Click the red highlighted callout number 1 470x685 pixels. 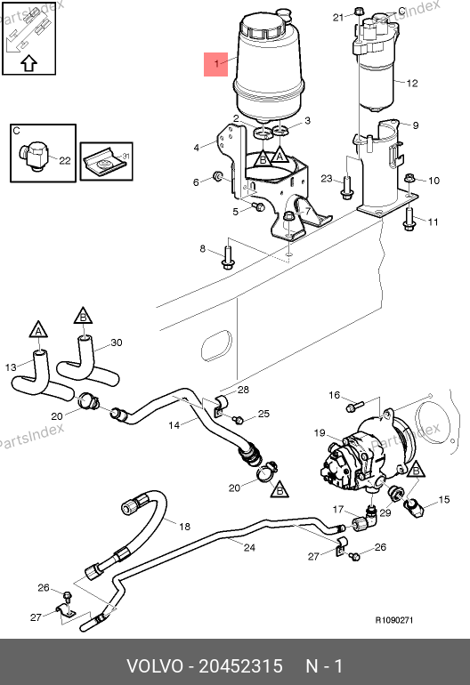(x=216, y=64)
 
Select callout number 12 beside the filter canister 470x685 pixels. (x=412, y=83)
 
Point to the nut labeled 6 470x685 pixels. (x=217, y=176)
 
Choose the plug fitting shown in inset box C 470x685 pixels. (x=31, y=156)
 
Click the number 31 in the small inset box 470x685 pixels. (x=126, y=156)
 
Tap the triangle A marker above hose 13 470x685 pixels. (x=38, y=330)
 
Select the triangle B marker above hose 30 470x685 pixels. (x=83, y=316)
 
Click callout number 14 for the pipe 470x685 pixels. (x=174, y=425)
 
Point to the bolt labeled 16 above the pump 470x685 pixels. (x=354, y=407)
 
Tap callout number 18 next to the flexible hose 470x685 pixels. (x=184, y=527)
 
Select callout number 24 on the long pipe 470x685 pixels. (x=249, y=547)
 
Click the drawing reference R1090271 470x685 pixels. (x=394, y=620)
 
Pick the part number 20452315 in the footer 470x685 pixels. (x=241, y=666)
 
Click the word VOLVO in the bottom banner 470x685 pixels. (x=155, y=666)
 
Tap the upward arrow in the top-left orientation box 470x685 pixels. (x=28, y=63)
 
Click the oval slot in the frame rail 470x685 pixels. (x=216, y=345)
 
